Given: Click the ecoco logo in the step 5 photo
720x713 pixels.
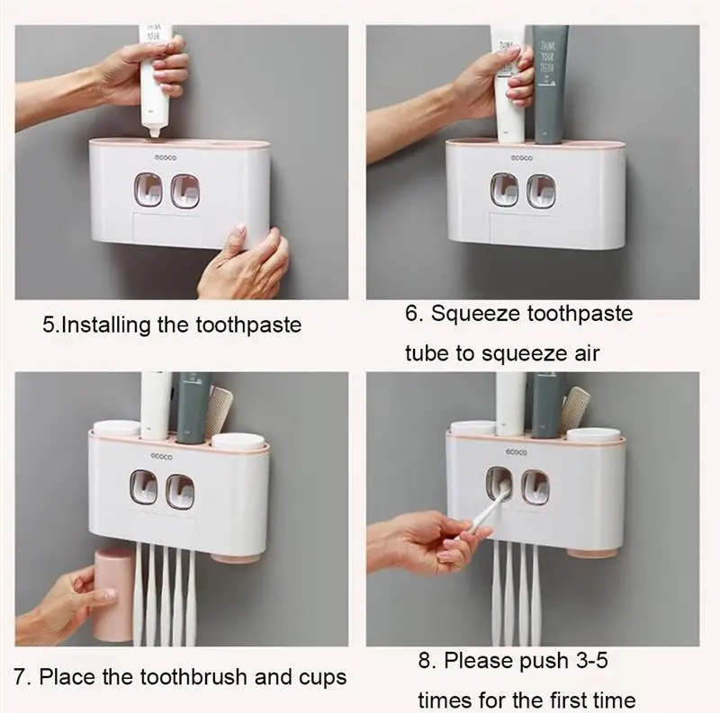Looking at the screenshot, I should coord(166,158).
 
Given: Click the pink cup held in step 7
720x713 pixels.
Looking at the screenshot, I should coord(113,593).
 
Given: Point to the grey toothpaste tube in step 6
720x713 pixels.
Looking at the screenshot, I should coord(550,85).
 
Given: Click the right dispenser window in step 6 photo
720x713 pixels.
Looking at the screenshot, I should coord(541,190).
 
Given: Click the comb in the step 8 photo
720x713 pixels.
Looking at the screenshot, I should coord(574,410).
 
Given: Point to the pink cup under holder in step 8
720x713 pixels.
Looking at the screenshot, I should coord(592,550).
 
